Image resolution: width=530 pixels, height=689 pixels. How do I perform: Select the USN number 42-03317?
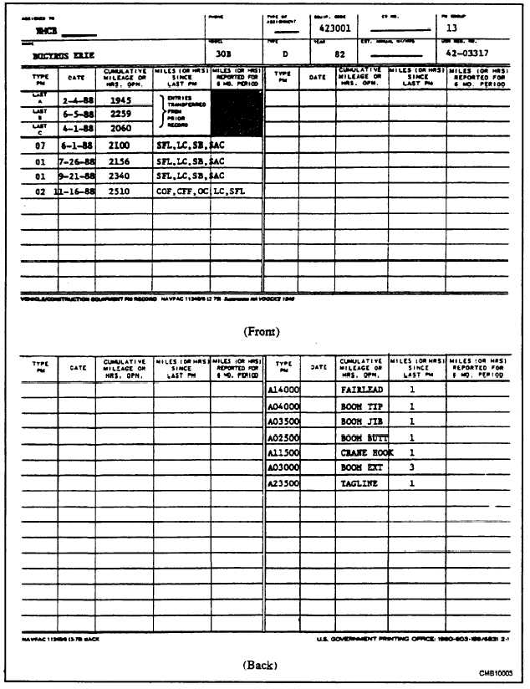(467, 53)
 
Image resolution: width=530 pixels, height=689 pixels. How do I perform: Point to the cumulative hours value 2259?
(122, 115)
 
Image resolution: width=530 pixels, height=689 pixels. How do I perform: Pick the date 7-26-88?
(76, 161)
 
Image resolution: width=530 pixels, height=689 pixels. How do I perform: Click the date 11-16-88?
(76, 191)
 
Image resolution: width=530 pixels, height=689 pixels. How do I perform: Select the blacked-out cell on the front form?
(236, 114)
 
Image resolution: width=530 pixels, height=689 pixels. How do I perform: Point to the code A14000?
(283, 390)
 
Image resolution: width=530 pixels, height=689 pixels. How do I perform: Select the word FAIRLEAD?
(362, 390)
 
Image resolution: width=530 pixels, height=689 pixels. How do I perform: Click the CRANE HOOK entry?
(364, 452)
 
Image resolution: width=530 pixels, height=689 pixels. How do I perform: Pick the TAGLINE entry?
(360, 484)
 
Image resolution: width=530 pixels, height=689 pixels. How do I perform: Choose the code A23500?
(283, 484)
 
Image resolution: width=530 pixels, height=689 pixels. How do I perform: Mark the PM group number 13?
(452, 26)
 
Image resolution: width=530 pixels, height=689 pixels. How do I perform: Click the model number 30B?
(223, 54)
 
